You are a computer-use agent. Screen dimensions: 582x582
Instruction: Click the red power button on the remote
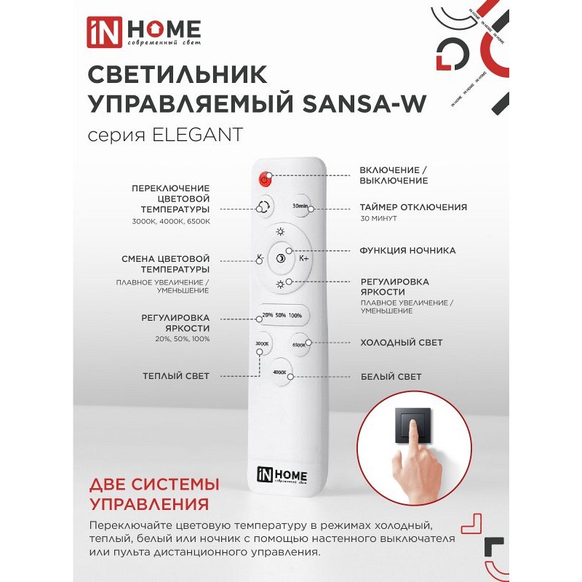[x=265, y=180]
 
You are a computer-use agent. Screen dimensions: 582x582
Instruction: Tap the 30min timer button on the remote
[x=300, y=206]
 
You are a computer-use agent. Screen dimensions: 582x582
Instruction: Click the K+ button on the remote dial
[x=303, y=258]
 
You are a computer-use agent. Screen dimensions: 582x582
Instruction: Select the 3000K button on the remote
[x=262, y=343]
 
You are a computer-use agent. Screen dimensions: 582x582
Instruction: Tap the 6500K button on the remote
[x=299, y=344]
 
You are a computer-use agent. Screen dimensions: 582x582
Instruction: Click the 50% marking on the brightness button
[x=281, y=315]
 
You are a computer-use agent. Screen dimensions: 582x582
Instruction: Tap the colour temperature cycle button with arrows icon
[x=263, y=206]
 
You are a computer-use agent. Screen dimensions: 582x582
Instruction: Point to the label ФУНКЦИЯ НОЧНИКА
[x=407, y=250]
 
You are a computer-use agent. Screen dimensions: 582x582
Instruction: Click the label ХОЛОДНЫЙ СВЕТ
[x=402, y=343]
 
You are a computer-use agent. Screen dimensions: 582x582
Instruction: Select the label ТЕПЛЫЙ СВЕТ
[x=176, y=376]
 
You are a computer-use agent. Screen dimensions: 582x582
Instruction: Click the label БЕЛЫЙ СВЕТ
[x=391, y=377]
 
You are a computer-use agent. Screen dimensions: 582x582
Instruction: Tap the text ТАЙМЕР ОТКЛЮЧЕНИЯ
[x=413, y=207]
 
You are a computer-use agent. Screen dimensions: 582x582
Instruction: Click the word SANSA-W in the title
[x=364, y=103]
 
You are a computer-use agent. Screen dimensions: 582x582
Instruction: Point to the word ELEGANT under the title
[x=197, y=135]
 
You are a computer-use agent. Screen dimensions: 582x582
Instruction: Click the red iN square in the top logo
[x=104, y=32]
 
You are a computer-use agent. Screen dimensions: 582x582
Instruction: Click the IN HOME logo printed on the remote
[x=282, y=475]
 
